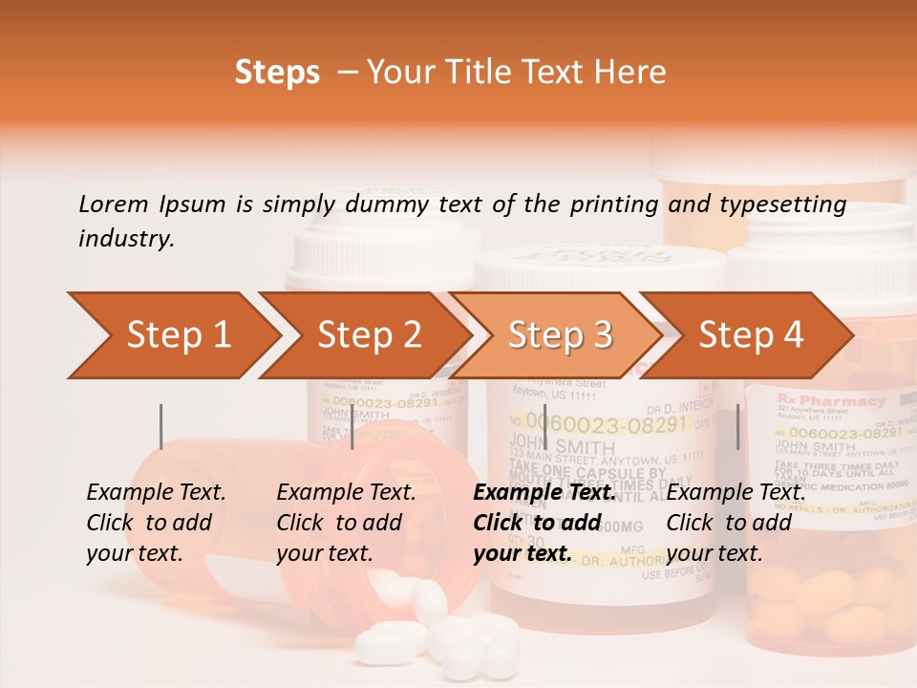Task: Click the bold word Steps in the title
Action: tap(277, 73)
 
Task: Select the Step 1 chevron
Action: tap(177, 335)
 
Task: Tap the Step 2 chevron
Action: tap(369, 335)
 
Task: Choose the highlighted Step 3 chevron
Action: tap(560, 335)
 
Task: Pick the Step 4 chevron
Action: tap(751, 335)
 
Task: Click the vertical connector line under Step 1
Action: tap(160, 426)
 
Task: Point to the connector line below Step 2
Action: tap(352, 426)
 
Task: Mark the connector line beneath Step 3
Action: tap(544, 426)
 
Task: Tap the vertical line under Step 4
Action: tap(737, 426)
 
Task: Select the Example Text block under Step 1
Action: tap(157, 523)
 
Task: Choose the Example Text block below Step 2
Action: tap(347, 523)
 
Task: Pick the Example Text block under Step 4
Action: tap(736, 523)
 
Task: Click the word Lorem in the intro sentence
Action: tap(114, 204)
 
